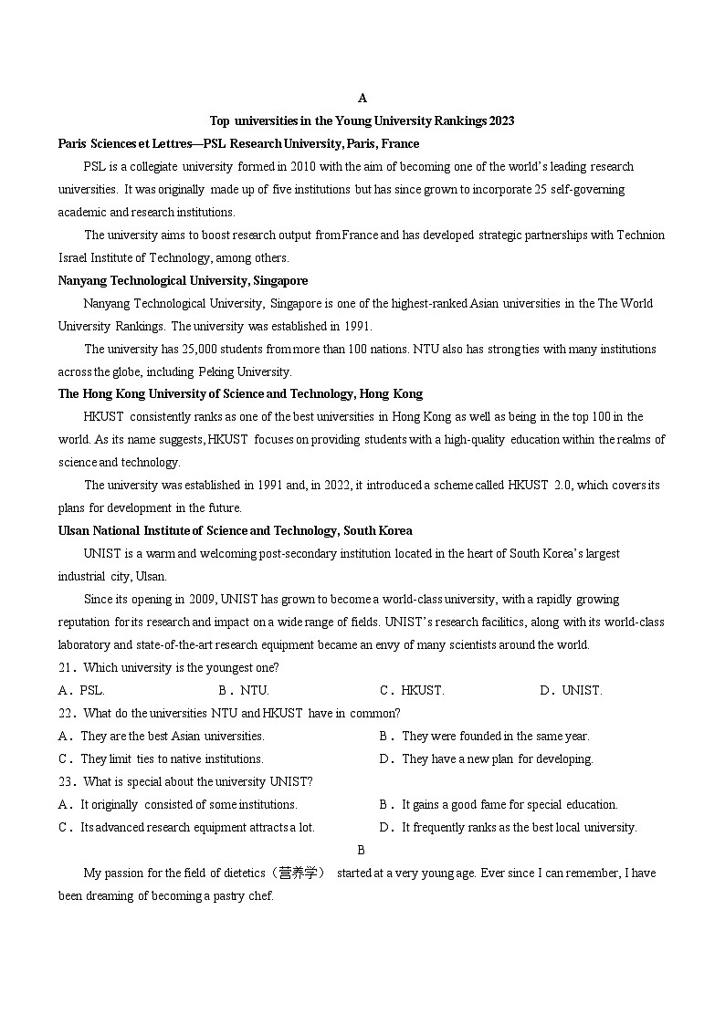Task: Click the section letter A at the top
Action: (x=362, y=98)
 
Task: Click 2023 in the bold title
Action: (x=501, y=120)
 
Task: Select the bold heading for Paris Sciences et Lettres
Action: (x=238, y=143)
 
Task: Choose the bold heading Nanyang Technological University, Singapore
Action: (x=183, y=280)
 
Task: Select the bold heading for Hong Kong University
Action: (x=240, y=394)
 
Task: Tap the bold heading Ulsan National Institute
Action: (x=235, y=530)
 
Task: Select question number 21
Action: (x=66, y=668)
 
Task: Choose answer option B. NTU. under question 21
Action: (x=244, y=691)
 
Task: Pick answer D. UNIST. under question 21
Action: (x=571, y=691)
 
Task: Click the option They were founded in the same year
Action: (x=495, y=736)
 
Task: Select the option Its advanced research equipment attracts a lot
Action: (x=197, y=828)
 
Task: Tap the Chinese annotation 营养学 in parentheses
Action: (x=301, y=873)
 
